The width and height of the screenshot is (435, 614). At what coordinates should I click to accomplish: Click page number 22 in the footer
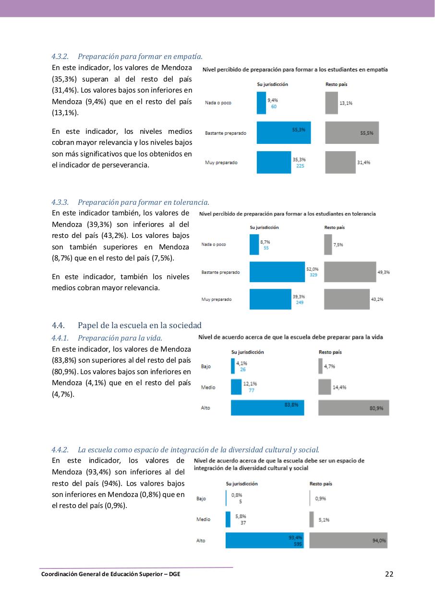[x=389, y=574]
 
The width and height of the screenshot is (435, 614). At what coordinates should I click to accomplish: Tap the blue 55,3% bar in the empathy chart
[x=283, y=133]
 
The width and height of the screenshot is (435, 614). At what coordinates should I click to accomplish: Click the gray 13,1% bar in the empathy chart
[x=331, y=103]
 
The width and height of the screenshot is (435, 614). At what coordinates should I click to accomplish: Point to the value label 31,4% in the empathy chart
[x=363, y=163]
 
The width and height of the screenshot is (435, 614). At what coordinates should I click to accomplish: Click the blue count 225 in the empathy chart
[x=300, y=166]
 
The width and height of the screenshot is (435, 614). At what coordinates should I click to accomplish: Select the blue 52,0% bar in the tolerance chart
[x=277, y=272]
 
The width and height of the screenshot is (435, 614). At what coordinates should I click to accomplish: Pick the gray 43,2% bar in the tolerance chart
[x=347, y=299]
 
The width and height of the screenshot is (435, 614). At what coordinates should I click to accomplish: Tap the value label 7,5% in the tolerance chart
[x=338, y=245]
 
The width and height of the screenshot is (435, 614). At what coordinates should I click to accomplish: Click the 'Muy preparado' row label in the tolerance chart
[x=216, y=299]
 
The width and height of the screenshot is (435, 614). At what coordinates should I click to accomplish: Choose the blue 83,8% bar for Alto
[x=267, y=408]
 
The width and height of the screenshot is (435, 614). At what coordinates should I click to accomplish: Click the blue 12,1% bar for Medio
[x=236, y=387]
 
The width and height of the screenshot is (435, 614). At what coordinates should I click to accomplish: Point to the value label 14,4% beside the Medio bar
[x=339, y=387]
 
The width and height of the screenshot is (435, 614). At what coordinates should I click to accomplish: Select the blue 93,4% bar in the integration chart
[x=264, y=541]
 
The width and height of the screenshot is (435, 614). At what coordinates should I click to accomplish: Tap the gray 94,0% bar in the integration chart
[x=348, y=541]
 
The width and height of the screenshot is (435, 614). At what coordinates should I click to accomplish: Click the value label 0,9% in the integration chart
[x=320, y=498]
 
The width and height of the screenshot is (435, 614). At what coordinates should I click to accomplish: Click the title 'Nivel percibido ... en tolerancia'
[x=287, y=213]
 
